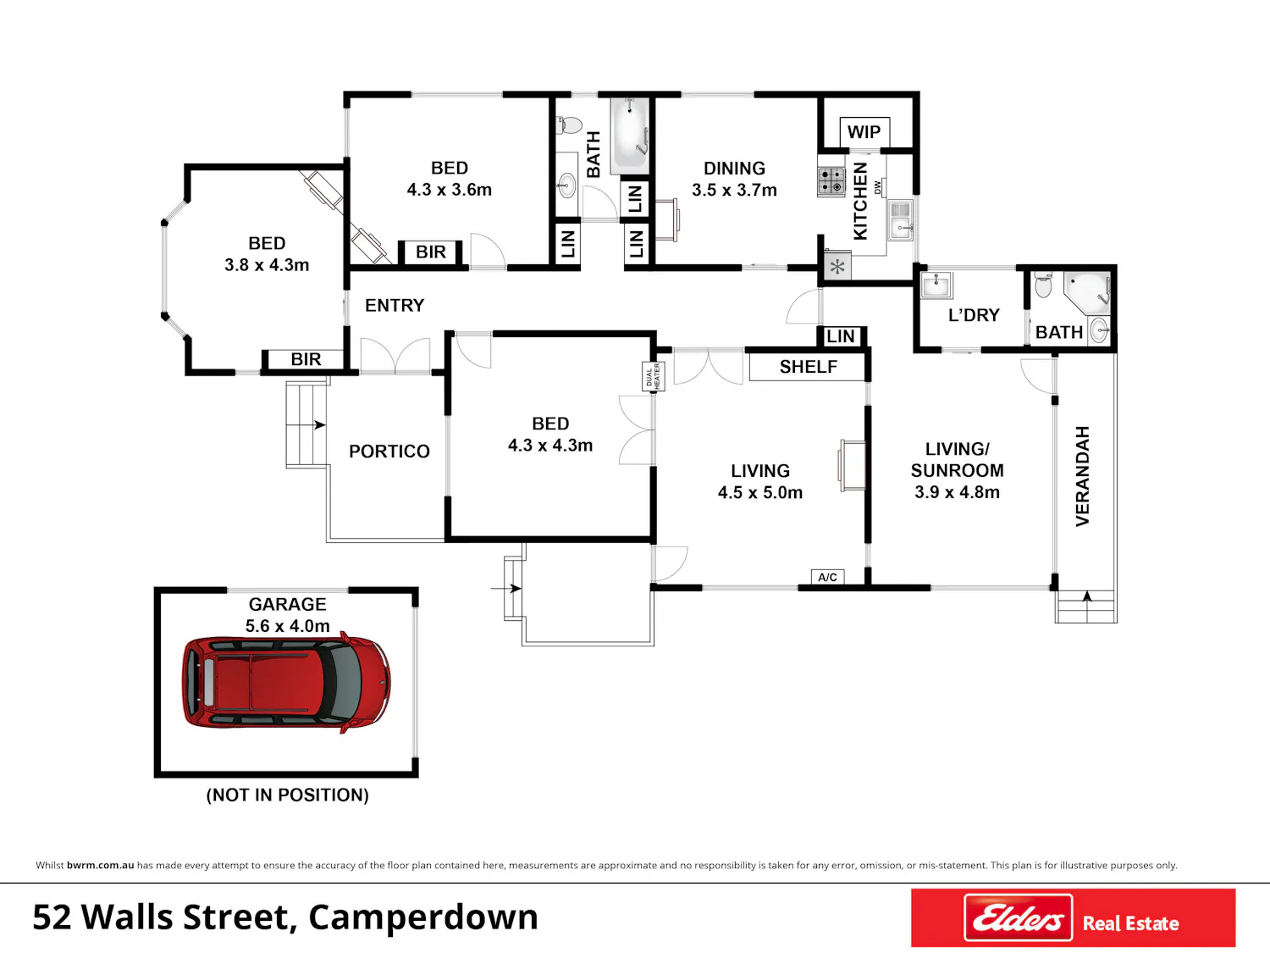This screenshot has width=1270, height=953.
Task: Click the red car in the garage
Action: coord(286,683)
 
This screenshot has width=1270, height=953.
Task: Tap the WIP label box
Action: coord(864,132)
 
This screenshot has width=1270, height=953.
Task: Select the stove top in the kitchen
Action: coord(831,180)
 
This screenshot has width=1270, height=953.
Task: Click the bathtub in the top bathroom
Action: coord(630,136)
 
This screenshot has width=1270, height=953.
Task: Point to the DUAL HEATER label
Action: coord(654,376)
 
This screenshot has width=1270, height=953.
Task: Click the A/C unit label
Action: coord(827,577)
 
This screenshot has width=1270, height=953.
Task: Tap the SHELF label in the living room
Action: coord(809,367)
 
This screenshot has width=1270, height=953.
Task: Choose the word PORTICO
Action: coord(389,452)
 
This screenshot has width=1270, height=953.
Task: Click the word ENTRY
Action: coord(395,306)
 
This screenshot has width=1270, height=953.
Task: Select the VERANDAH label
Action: coord(1083,476)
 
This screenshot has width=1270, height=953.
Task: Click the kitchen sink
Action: coord(901,220)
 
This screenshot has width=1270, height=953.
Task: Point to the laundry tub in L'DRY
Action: coord(936,285)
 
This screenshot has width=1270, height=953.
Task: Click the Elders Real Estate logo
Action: coord(1074,917)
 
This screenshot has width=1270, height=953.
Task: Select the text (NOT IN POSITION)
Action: coord(288,795)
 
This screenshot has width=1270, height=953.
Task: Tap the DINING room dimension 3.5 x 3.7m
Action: coord(734,190)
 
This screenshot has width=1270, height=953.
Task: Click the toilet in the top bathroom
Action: coord(569,125)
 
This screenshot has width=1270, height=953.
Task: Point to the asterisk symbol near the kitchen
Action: coord(837,268)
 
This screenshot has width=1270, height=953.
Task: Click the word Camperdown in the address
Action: coord(423,917)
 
